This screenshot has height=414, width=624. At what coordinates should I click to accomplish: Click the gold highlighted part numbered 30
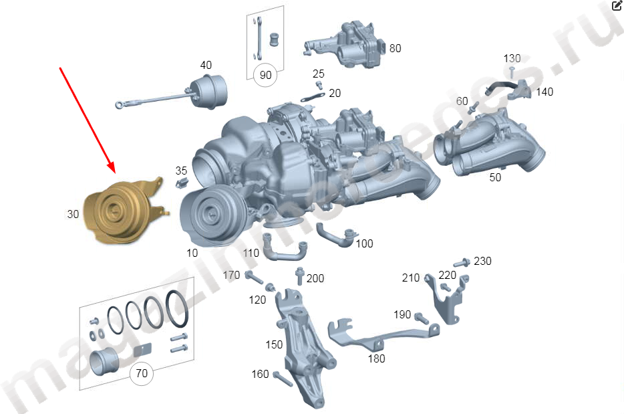tap(120, 211)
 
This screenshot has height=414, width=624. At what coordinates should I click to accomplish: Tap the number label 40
tap(206, 65)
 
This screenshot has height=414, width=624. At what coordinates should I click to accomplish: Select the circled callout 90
tap(265, 74)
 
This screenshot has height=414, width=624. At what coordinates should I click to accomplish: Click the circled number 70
tap(142, 373)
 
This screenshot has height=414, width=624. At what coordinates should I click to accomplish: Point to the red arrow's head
tap(111, 167)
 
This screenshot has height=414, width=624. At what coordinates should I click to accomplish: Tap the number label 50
tap(495, 177)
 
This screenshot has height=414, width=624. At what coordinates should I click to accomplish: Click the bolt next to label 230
tap(462, 263)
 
